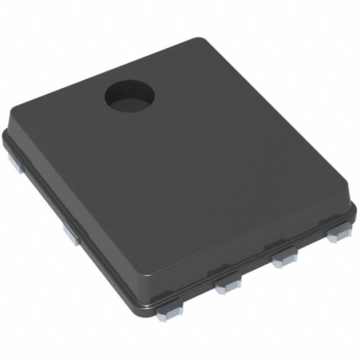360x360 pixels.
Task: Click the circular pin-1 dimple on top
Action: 129,96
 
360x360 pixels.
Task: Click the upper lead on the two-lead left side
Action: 16,163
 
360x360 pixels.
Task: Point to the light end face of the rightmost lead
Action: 336,238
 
